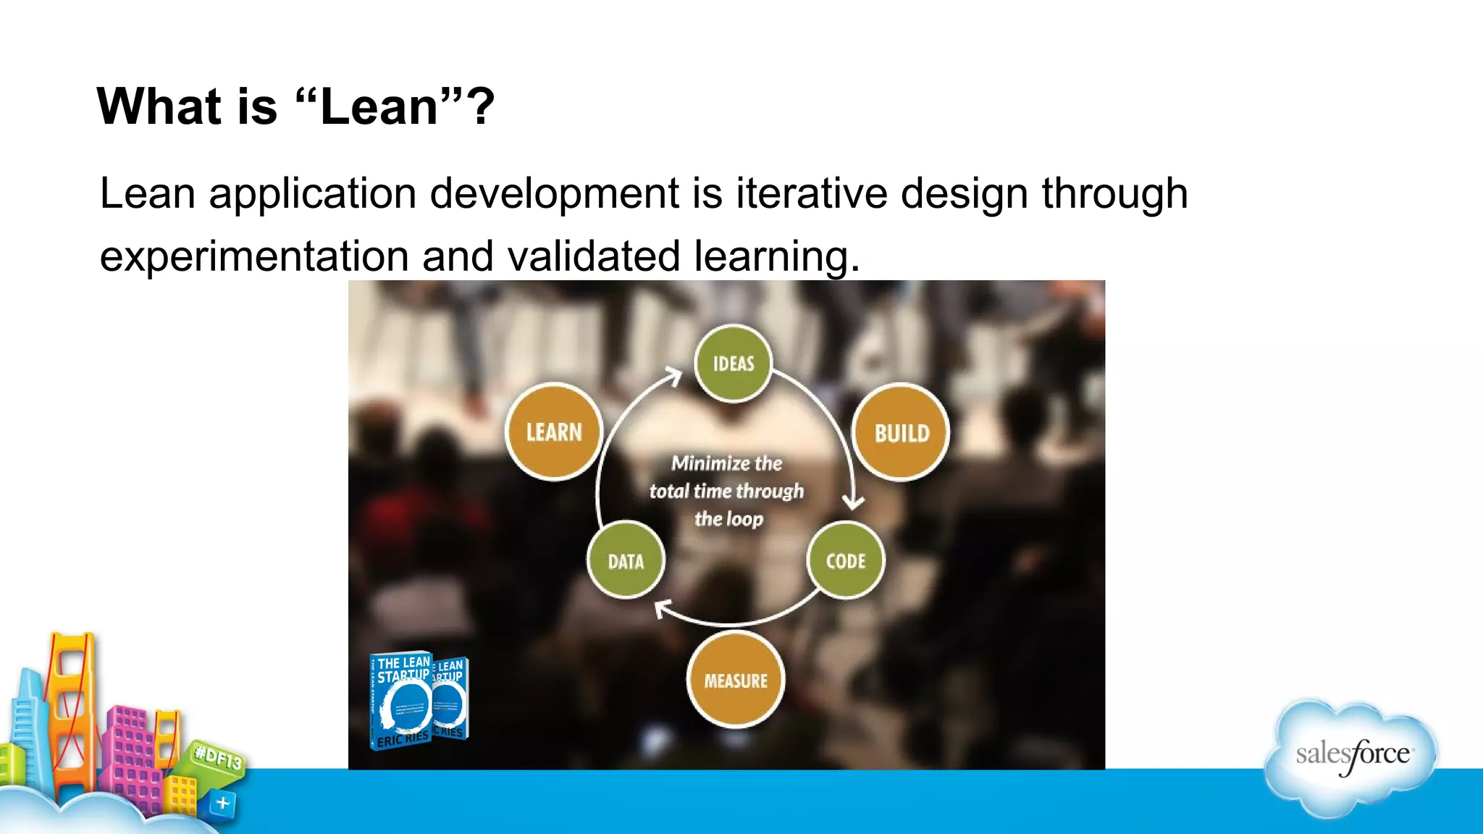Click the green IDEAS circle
tap(733, 363)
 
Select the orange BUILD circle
tap(901, 432)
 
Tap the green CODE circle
tap(845, 560)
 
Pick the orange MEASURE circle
tap(735, 679)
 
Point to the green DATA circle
tap(626, 560)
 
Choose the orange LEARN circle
tap(554, 431)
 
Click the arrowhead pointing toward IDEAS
tap(674, 376)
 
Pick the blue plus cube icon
tap(222, 803)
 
